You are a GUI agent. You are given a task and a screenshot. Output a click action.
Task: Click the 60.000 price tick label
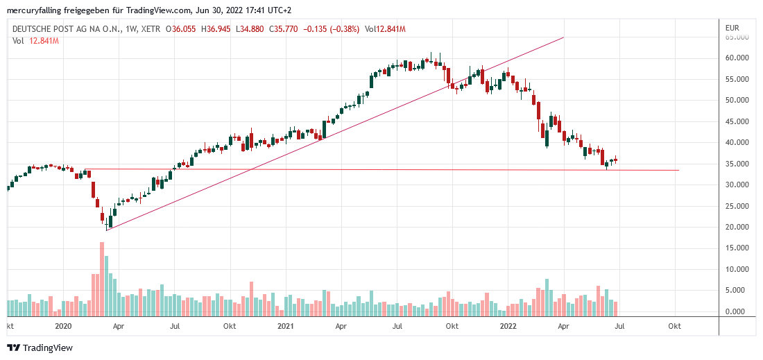pos(737,58)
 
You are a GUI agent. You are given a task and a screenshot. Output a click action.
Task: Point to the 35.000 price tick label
pos(737,164)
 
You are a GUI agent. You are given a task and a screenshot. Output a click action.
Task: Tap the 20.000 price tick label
pos(737,227)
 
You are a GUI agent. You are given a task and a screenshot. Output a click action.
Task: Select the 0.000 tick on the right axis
pos(739,312)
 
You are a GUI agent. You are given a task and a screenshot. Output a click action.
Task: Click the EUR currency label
pos(732,28)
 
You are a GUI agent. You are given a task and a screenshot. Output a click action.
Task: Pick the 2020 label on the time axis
pos(63,325)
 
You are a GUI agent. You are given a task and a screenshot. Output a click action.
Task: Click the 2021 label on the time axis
pos(286,325)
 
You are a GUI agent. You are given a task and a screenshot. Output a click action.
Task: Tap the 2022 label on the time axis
pos(508,325)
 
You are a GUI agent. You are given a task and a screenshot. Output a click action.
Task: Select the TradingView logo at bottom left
pos(40,348)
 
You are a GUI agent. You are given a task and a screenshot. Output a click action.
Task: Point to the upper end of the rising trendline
pos(563,37)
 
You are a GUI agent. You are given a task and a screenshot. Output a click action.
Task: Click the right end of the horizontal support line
pos(678,170)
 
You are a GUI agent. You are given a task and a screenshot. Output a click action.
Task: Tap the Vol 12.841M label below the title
pos(35,40)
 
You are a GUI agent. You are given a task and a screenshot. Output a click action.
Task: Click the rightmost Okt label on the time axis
pos(674,325)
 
